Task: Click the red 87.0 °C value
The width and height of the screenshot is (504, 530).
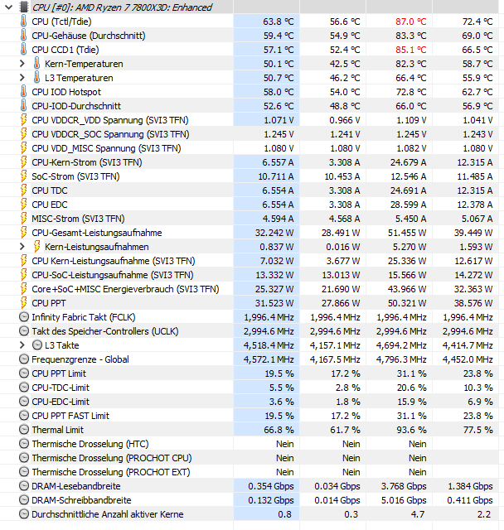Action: click(x=409, y=22)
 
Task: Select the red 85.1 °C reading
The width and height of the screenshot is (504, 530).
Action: click(x=409, y=50)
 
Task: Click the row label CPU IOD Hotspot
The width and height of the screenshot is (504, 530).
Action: click(x=66, y=92)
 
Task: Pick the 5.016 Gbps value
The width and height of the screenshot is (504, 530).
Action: click(x=405, y=500)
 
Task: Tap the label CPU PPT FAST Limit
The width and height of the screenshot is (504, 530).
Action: click(x=70, y=416)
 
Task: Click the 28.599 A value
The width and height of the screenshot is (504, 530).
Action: click(x=408, y=205)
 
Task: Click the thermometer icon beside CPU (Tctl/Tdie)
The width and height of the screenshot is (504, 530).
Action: click(x=22, y=22)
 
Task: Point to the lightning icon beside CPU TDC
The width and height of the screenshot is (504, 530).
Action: click(x=22, y=190)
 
